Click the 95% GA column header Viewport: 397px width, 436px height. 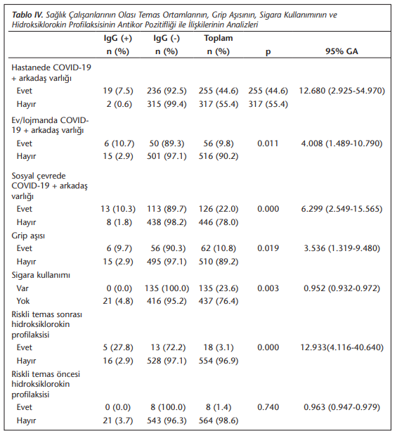point(341,51)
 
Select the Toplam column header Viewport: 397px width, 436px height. point(219,38)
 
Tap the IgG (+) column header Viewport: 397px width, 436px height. point(118,38)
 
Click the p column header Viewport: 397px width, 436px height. point(268,52)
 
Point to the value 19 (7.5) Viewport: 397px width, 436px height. point(118,91)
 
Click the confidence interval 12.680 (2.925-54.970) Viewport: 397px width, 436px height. point(341,91)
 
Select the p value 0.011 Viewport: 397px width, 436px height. point(268,143)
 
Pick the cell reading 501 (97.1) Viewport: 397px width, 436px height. point(167,156)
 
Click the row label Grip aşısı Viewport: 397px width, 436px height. point(28,236)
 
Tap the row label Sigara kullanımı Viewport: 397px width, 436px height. point(41,275)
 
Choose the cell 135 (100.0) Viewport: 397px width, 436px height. point(167,288)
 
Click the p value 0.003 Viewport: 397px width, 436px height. point(268,288)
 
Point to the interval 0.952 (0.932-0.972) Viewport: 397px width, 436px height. point(341,288)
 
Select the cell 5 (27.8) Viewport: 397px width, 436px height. point(118,347)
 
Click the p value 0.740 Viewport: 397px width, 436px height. point(268,407)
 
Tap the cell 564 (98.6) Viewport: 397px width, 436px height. point(219,421)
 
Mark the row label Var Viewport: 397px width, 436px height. point(22,288)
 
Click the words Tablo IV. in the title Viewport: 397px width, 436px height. point(27,15)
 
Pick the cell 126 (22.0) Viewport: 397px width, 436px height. point(219,209)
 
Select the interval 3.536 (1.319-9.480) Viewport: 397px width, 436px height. point(341,248)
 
